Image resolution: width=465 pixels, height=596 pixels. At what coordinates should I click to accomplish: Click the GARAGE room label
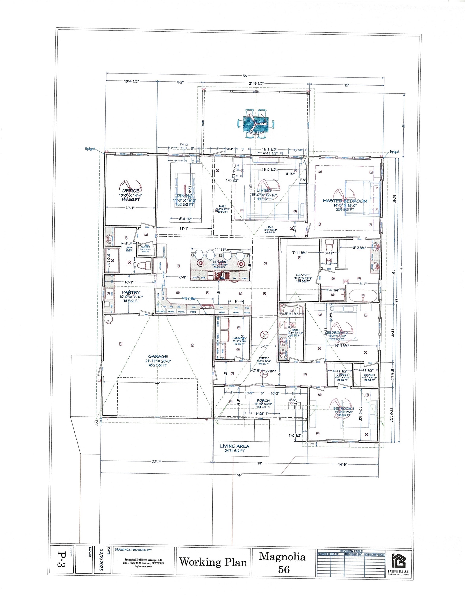click(x=158, y=356)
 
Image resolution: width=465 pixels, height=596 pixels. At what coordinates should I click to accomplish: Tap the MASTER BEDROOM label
click(x=345, y=201)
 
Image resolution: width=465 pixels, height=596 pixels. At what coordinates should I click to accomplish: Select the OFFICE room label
click(x=131, y=191)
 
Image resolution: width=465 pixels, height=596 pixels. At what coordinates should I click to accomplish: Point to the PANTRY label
click(x=131, y=293)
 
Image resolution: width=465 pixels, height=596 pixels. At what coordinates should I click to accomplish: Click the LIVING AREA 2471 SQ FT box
click(x=234, y=448)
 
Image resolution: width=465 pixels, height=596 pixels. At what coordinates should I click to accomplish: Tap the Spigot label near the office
click(x=90, y=149)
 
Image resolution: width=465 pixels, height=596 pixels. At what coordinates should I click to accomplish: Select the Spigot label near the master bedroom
click(x=394, y=152)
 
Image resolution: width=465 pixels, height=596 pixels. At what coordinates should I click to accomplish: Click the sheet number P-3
click(x=61, y=563)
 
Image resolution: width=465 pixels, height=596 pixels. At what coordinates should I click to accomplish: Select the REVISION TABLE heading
click(x=351, y=551)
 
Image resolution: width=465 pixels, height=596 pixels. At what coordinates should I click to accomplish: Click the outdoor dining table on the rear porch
click(x=256, y=124)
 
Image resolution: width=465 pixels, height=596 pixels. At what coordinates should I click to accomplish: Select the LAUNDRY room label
click(x=239, y=338)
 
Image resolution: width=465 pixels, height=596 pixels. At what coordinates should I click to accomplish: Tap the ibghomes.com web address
click(x=143, y=566)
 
